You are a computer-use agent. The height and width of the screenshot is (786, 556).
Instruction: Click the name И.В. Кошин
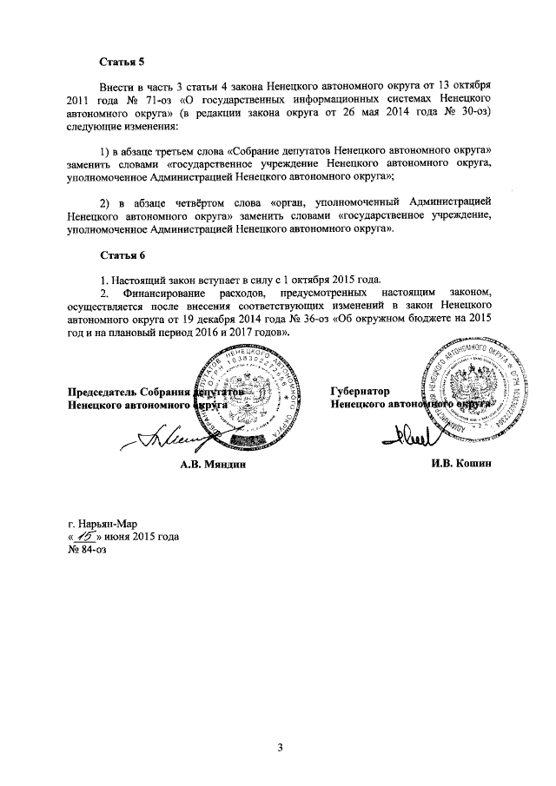click(462, 465)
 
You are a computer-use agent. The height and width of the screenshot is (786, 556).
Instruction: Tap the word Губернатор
click(360, 392)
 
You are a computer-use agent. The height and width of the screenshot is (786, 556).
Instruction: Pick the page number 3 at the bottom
click(281, 748)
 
